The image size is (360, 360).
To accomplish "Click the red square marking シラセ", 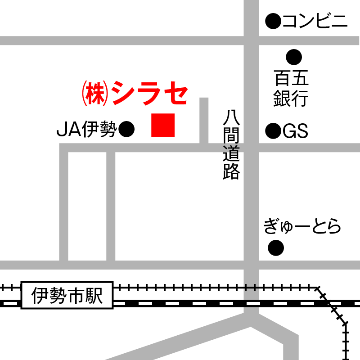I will (x=162, y=125).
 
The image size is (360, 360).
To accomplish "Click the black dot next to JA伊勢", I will (x=126, y=130).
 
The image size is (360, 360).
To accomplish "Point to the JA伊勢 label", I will (x=86, y=130).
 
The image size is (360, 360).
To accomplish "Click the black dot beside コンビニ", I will (x=273, y=21).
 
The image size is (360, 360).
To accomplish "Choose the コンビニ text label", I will (x=315, y=21).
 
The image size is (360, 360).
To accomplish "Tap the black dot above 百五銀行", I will (x=294, y=57).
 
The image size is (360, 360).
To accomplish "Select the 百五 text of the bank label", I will (x=291, y=79).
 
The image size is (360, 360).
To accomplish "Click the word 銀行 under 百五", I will (x=291, y=99).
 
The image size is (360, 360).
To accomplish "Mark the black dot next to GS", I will (x=273, y=131).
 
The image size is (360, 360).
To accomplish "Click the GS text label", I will (x=295, y=131).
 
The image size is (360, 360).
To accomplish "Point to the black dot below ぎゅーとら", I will (x=276, y=247).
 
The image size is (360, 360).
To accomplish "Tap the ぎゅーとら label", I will (x=302, y=226).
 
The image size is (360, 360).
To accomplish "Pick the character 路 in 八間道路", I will (x=231, y=171).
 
